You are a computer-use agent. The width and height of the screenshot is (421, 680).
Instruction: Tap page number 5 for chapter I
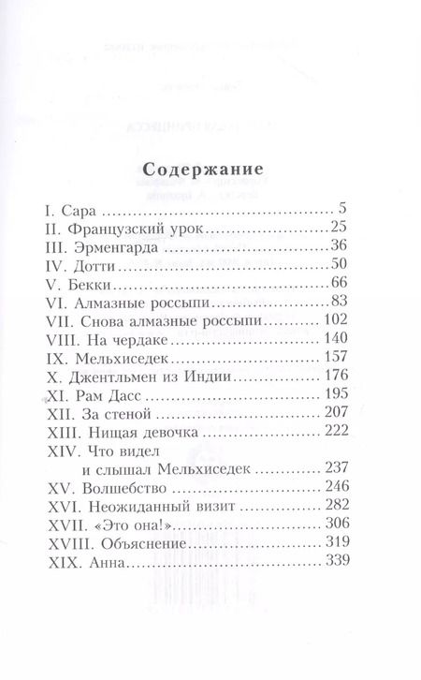pyautogui.click(x=343, y=212)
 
